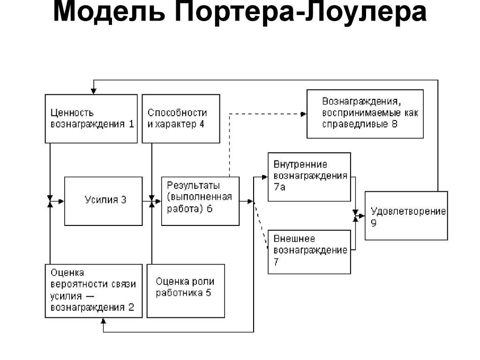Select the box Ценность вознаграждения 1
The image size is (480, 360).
(91, 119)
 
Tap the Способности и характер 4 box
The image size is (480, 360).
(180, 119)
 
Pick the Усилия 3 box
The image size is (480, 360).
(103, 201)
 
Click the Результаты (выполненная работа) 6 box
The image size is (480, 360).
(200, 201)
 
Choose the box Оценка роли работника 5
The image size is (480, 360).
(186, 291)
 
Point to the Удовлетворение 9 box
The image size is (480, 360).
(406, 215)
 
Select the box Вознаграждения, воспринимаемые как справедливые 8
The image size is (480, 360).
(365, 113)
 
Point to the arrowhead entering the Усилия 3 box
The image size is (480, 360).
(61, 201)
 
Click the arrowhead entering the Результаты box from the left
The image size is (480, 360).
(158, 201)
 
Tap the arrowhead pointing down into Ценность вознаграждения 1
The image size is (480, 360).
(94, 91)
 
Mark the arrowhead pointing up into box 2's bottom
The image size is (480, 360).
(103, 321)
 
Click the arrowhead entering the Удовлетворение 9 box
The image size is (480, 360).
(362, 215)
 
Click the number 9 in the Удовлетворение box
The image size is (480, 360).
(374, 223)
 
